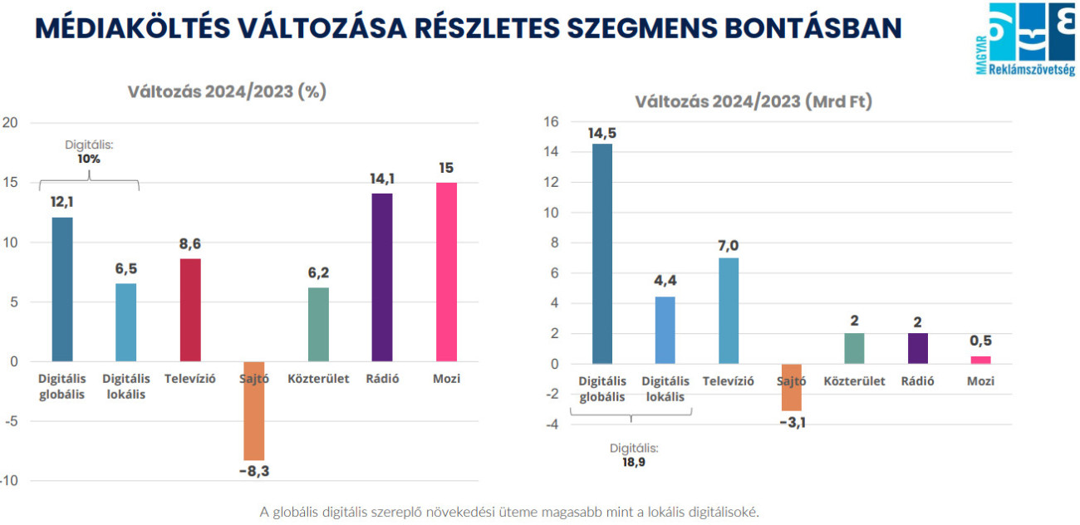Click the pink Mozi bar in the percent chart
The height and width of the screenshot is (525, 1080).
coord(446,272)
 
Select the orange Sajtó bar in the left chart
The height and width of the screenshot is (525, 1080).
coord(254,410)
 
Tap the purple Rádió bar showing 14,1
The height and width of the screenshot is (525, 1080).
coord(382,277)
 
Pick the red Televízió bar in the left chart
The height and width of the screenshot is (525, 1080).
coord(190,310)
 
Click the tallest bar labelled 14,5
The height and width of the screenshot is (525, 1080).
coord(602,253)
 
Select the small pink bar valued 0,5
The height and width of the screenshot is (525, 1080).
coord(981,360)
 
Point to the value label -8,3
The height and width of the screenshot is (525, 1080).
coord(254,472)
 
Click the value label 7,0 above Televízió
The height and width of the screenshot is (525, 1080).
coord(728,245)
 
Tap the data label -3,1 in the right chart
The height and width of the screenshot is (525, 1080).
coord(791,423)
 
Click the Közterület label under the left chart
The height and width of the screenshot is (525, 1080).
coord(318,379)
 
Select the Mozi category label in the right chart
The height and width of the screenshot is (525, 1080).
coord(981,381)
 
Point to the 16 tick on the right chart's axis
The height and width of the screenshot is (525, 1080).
coord(550,122)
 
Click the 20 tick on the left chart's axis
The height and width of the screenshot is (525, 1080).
coord(11,123)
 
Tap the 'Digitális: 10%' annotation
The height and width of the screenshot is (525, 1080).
coord(89,151)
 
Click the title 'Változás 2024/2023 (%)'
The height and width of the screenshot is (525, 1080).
coord(227,91)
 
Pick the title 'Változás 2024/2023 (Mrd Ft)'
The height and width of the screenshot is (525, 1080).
coord(754,102)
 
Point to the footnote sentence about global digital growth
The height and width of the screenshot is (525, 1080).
coord(509,512)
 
